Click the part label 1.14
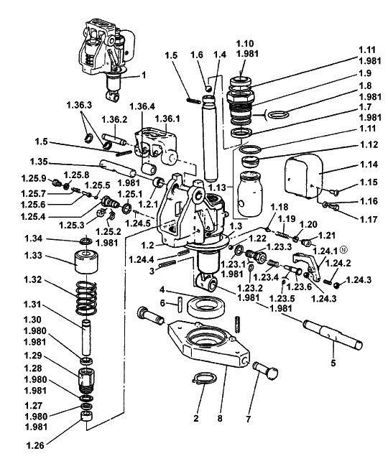coord(369,164)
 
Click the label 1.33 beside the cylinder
coord(34,255)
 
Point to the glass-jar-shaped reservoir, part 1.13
coord(250,194)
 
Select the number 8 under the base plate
coord(220,419)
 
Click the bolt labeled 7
coord(265,370)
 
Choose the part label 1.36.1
coord(167,119)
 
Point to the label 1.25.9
coord(34,178)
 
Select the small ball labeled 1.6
coord(208,88)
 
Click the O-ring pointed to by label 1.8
coord(278,114)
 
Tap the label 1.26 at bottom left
coord(35,445)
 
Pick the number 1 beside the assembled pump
coord(144,75)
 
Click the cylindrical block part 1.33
coord(86,261)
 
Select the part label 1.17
coord(369,220)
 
